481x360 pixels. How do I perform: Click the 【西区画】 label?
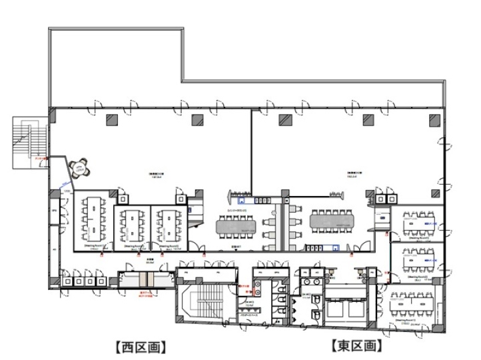tap(140, 347)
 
